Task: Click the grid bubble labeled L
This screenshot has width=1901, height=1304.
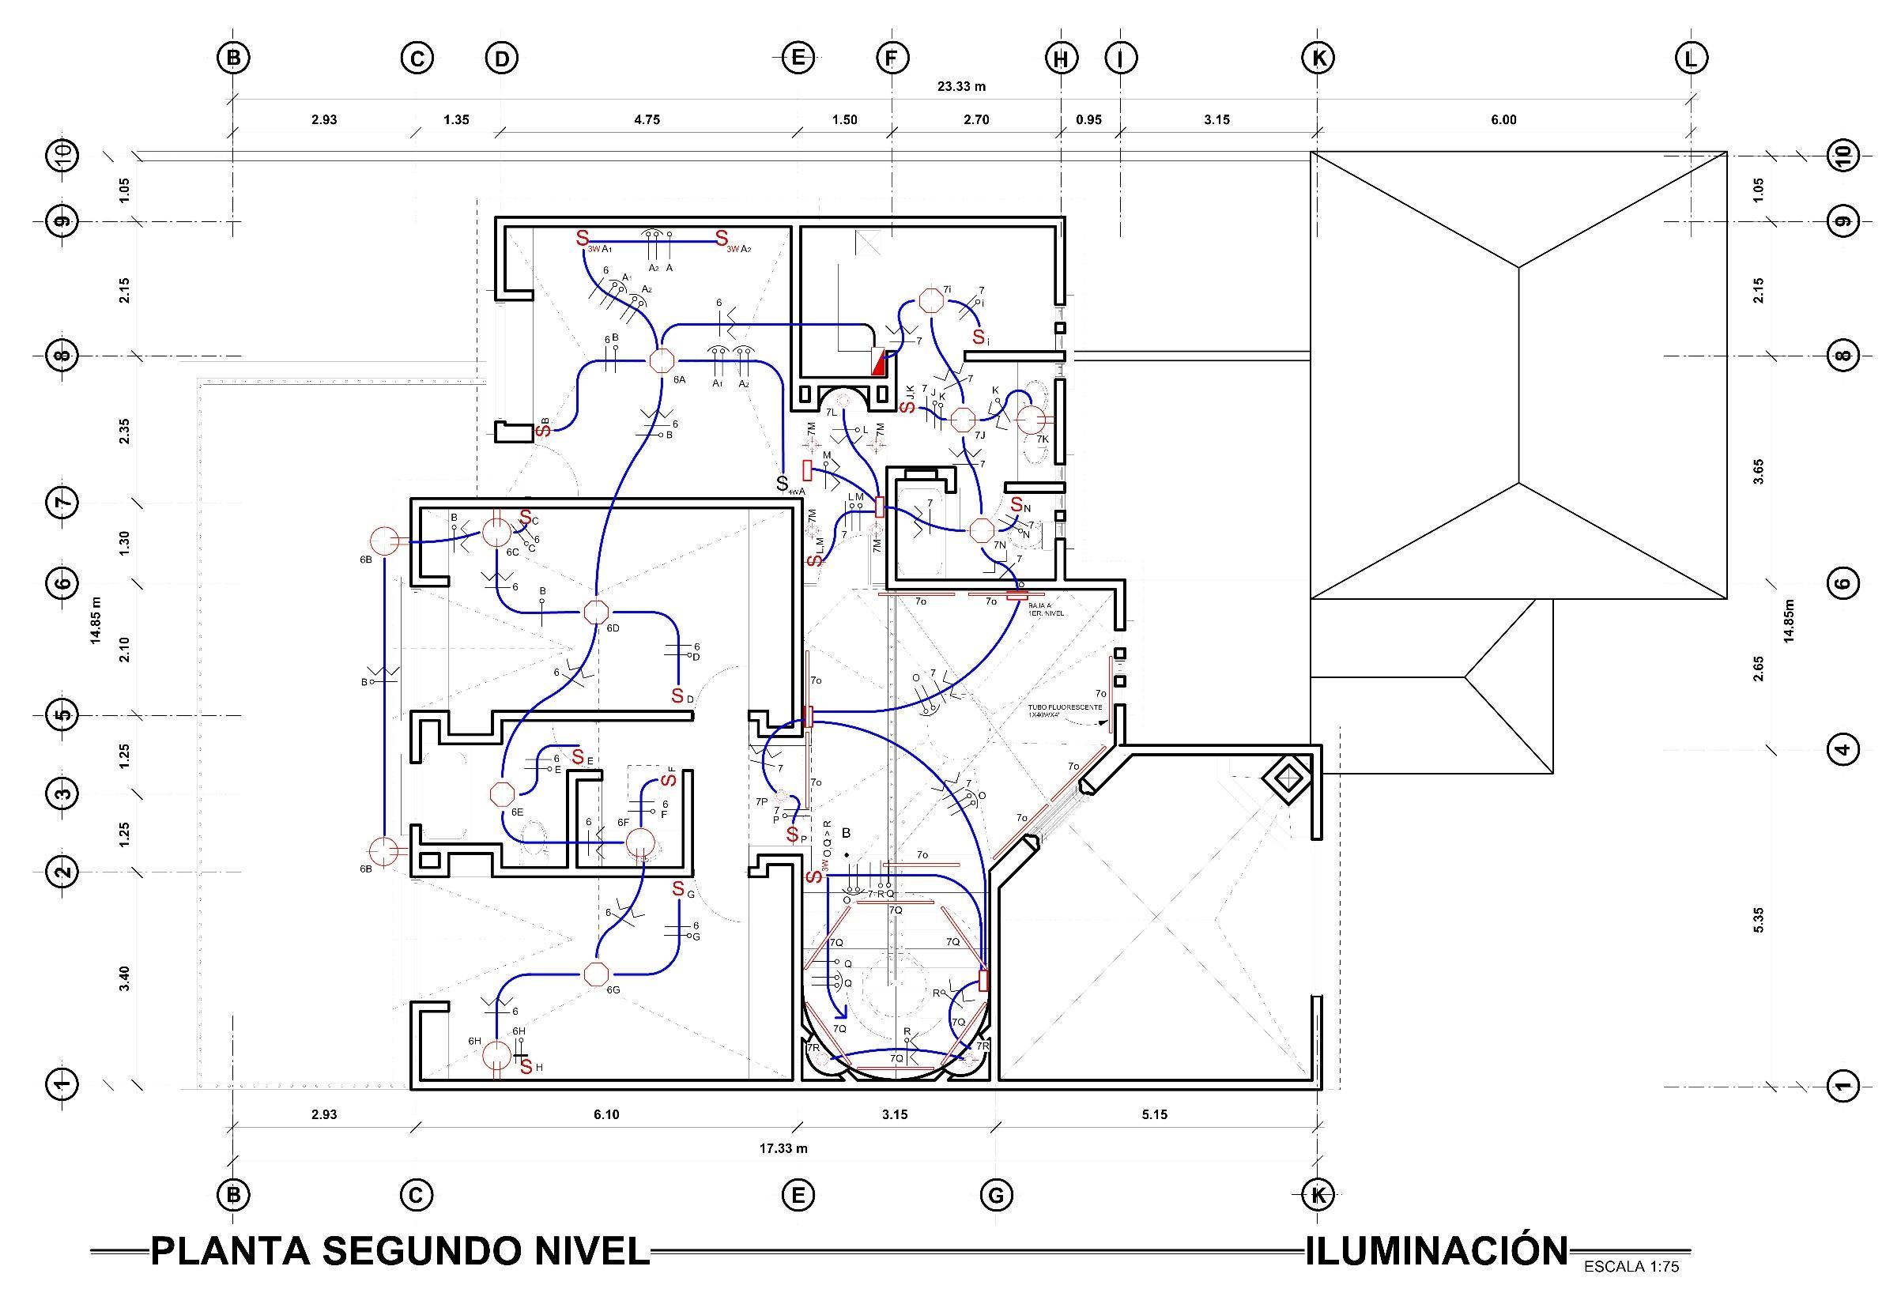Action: point(1691,58)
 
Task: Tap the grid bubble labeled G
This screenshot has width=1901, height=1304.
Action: point(995,1195)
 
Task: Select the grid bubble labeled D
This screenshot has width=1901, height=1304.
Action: point(501,58)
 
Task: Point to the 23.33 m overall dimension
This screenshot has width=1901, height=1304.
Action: point(961,86)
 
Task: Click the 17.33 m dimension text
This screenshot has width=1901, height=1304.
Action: point(783,1148)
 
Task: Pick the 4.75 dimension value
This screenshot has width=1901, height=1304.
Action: point(647,119)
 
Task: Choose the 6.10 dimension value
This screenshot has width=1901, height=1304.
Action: point(606,1114)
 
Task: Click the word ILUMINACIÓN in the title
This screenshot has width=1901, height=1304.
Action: point(1436,1251)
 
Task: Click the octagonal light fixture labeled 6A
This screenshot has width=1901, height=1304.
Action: point(660,360)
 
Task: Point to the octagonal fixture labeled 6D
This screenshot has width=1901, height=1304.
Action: point(595,612)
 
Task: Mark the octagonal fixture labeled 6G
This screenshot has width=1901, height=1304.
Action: point(595,974)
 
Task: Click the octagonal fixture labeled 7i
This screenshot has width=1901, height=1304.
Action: point(930,300)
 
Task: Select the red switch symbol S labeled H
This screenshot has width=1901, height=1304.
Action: point(526,1067)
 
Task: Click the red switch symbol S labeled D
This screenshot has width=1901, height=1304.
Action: point(677,695)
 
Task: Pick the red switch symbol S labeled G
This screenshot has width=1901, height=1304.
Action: point(678,889)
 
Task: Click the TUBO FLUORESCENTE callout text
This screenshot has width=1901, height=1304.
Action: point(1065,710)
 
